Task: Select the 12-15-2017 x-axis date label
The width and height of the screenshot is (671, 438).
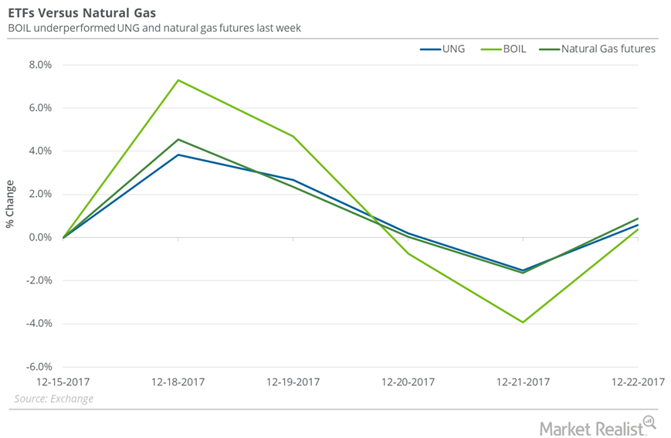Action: tap(63, 382)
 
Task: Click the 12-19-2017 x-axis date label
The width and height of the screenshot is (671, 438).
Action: tap(293, 382)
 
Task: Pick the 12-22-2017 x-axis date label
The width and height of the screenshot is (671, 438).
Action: tap(638, 382)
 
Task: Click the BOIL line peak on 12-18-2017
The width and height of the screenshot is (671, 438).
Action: tap(178, 80)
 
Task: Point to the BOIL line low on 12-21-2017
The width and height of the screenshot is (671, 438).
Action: tap(524, 322)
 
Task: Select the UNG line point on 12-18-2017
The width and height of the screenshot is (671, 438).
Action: tap(178, 154)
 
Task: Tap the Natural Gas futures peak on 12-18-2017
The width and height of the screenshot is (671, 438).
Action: tap(178, 139)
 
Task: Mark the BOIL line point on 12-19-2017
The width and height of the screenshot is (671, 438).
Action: tap(293, 137)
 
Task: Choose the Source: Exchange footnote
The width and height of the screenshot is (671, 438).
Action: tap(53, 399)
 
